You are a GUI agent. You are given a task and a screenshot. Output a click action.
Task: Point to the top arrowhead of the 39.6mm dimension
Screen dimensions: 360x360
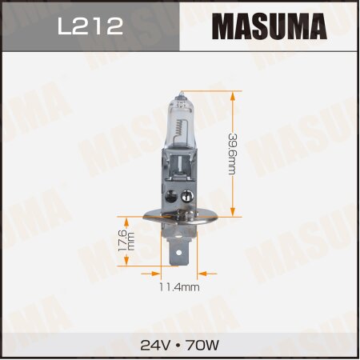pos(234,94)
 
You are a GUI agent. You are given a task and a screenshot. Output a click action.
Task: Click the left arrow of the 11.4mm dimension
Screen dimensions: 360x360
pos(160,273)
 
